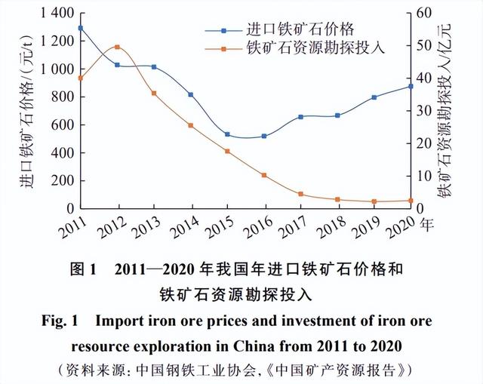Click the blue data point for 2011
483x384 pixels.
[x=80, y=28]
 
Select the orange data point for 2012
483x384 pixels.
[x=117, y=47]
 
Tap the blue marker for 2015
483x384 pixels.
[x=227, y=134]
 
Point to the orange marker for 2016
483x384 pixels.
[x=264, y=175]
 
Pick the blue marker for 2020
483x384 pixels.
[x=411, y=86]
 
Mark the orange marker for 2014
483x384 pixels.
[x=190, y=125]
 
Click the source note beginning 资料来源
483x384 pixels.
[x=241, y=370]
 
